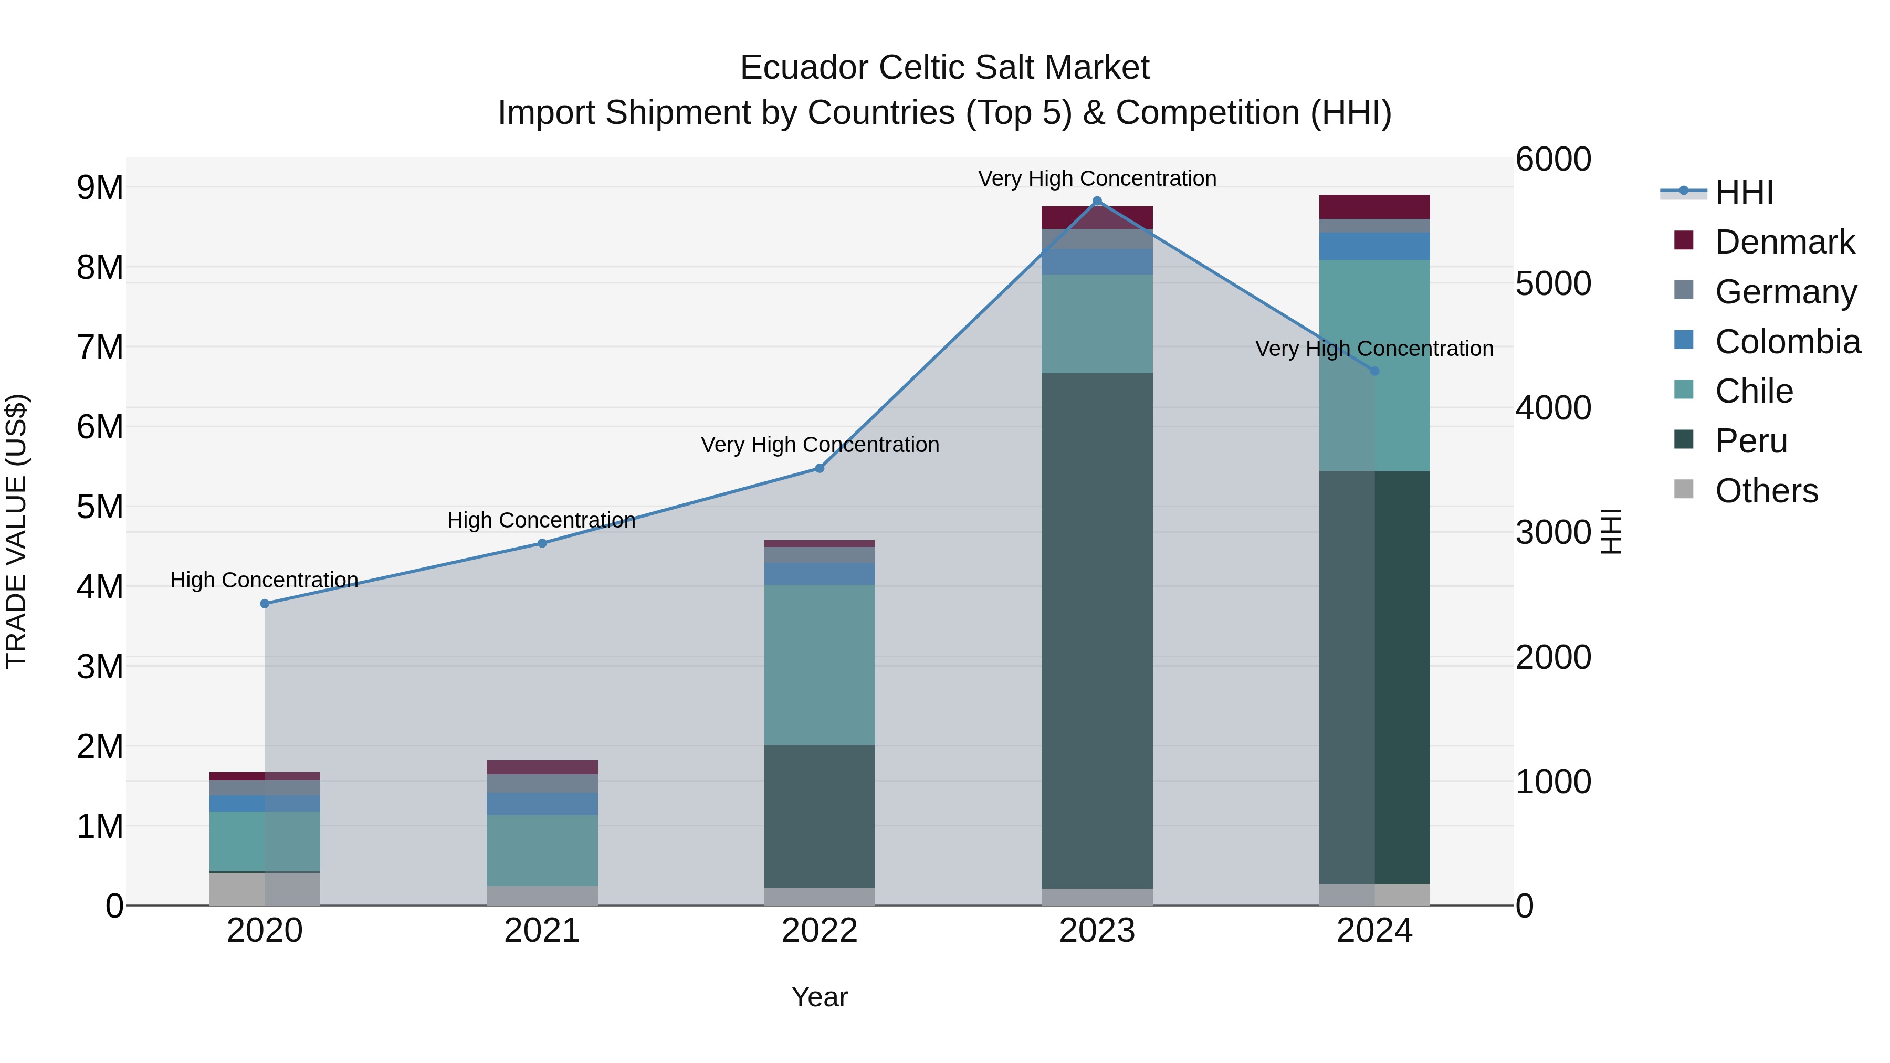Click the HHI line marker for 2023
pyautogui.click(x=1097, y=201)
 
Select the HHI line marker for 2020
pyautogui.click(x=265, y=604)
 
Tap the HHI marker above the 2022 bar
pyautogui.click(x=820, y=468)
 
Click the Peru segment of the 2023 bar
pyautogui.click(x=1097, y=631)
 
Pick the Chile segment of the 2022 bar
pyautogui.click(x=820, y=665)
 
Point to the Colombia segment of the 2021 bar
pyautogui.click(x=542, y=803)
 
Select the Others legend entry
pyautogui.click(x=1765, y=491)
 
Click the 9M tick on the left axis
pyautogui.click(x=100, y=188)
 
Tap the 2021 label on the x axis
pyautogui.click(x=542, y=931)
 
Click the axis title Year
pyautogui.click(x=820, y=997)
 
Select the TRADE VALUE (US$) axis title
pyautogui.click(x=17, y=531)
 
